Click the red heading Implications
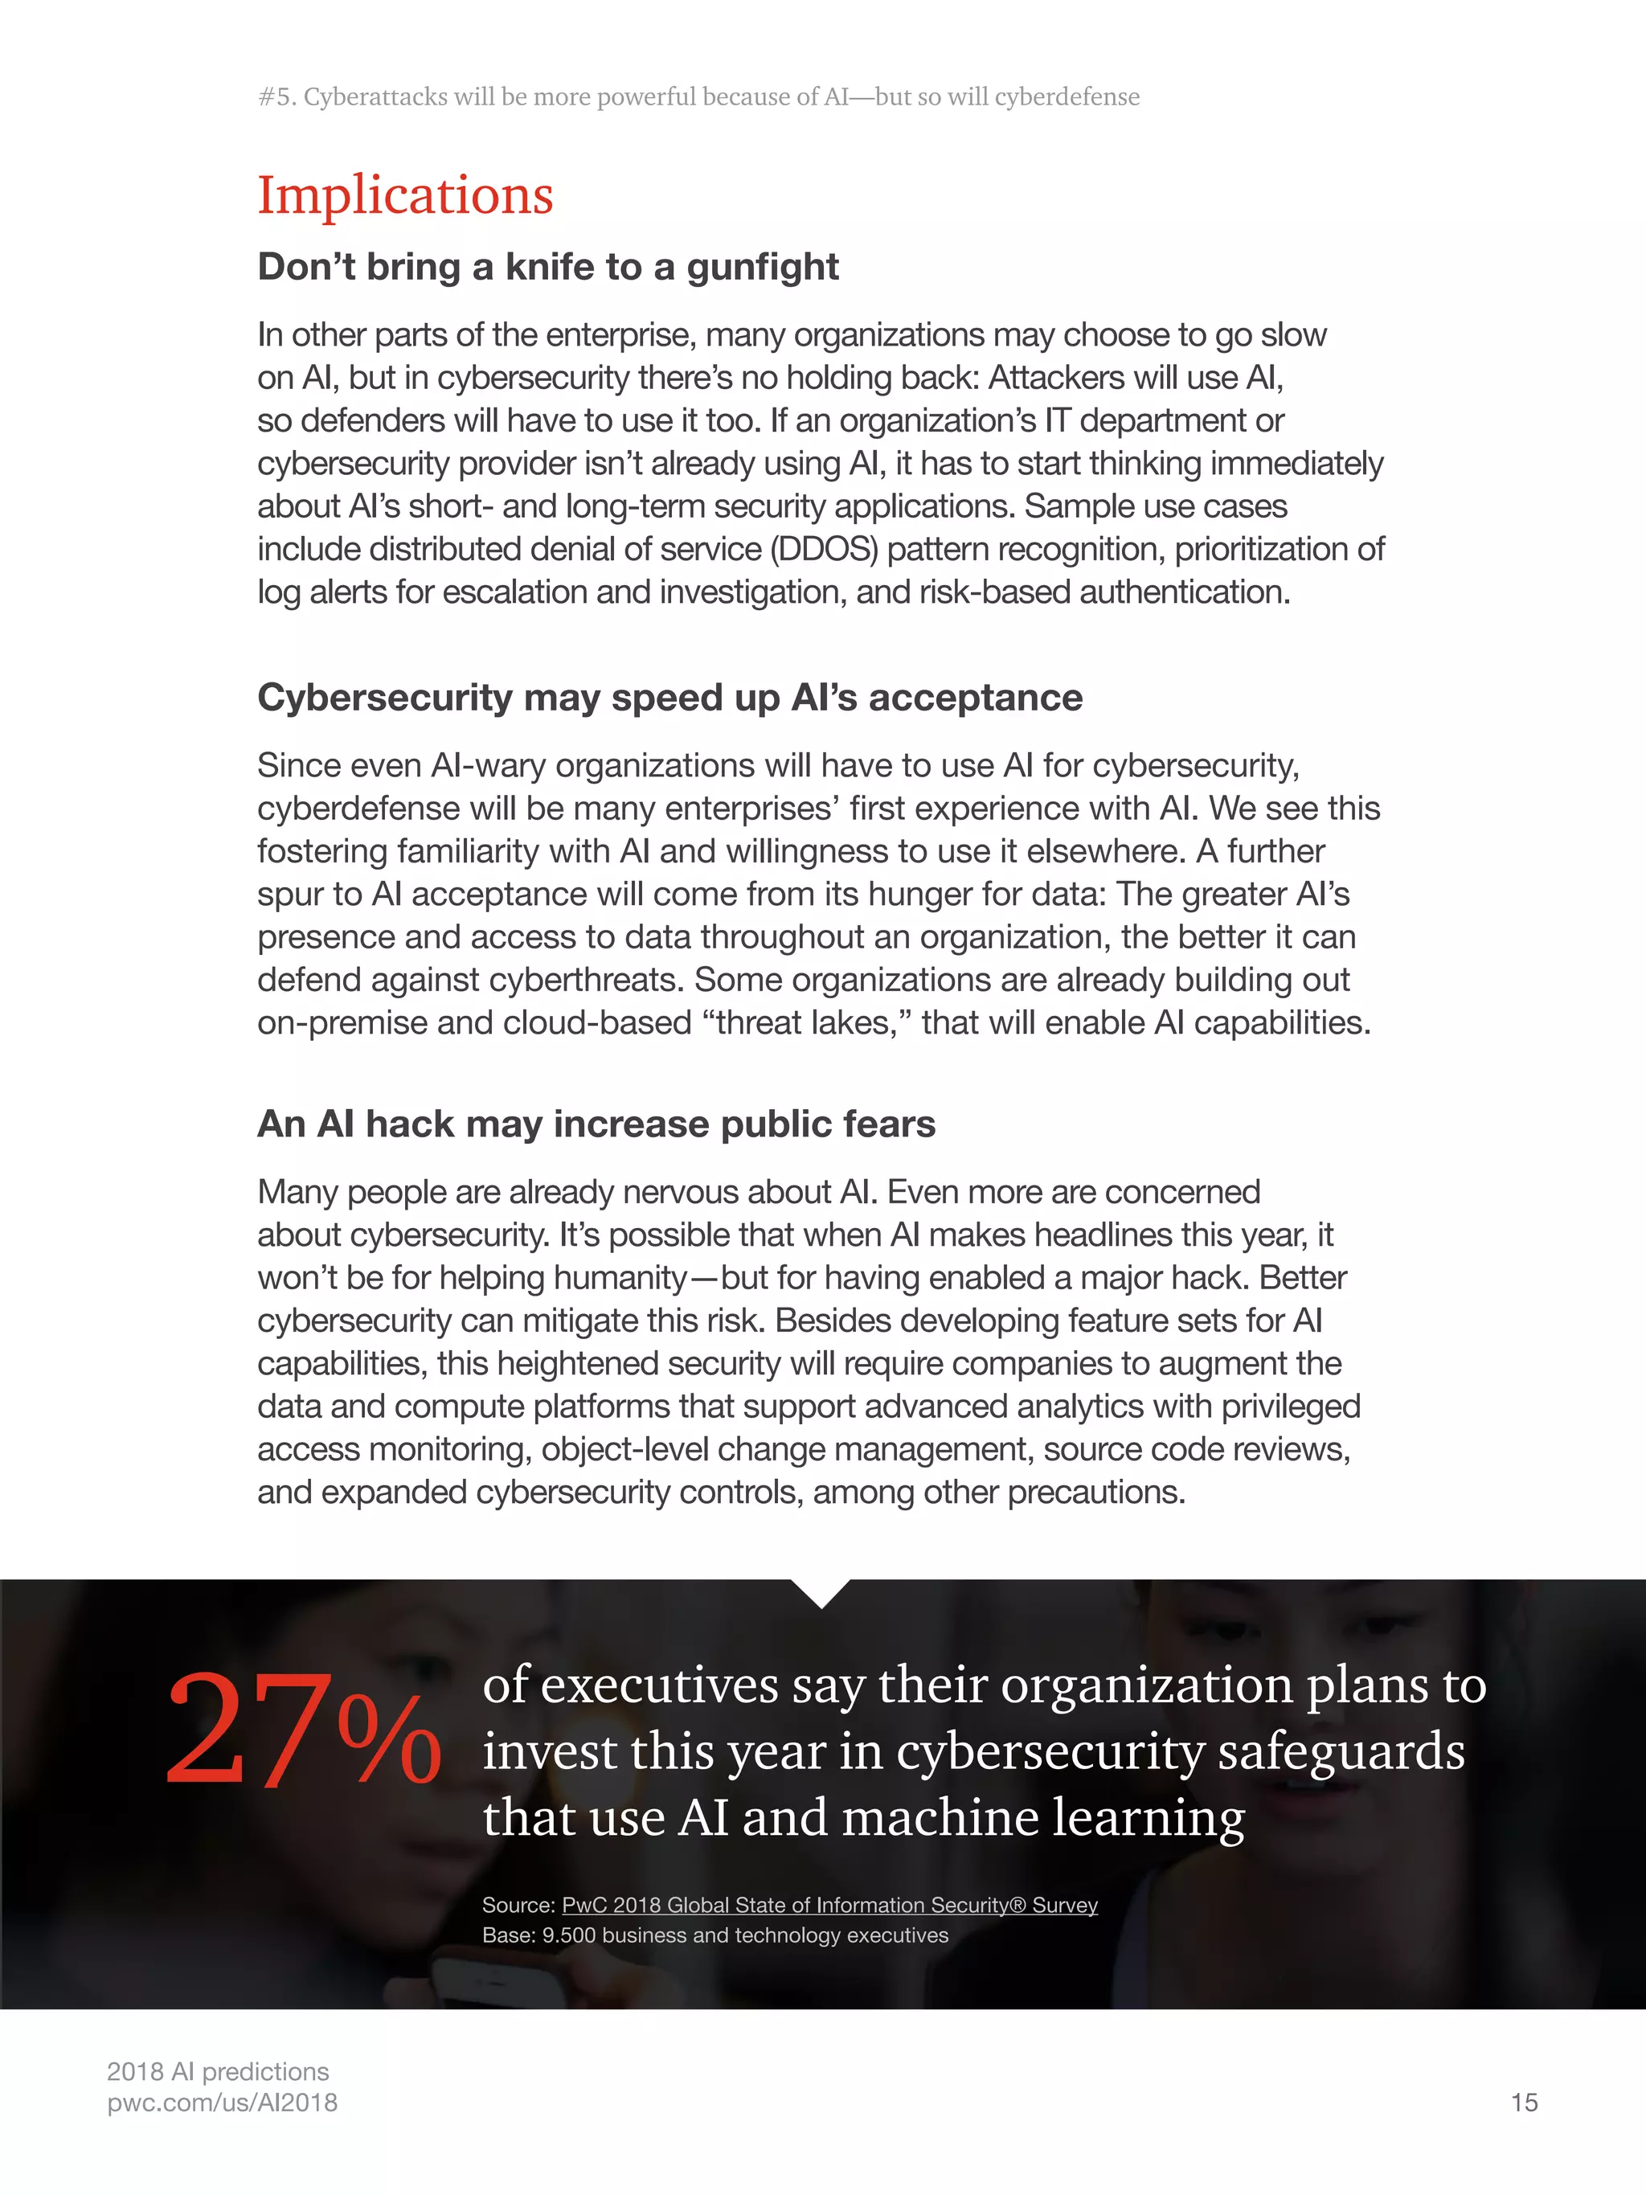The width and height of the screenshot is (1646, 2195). [405, 195]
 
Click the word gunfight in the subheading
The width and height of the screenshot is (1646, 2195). [762, 267]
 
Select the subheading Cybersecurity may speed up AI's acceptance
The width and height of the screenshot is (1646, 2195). [669, 698]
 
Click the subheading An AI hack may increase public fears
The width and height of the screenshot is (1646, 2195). [596, 1124]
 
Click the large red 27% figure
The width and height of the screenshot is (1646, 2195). [303, 1730]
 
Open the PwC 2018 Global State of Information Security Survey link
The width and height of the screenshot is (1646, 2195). [829, 1905]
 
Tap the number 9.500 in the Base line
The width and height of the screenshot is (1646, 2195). [568, 1935]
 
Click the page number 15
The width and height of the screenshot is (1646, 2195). [1523, 2103]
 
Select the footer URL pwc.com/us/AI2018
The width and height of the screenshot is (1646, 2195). [223, 2103]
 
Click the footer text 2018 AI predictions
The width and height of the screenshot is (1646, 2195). [217, 2072]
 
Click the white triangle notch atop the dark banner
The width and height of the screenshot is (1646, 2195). [821, 1591]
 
